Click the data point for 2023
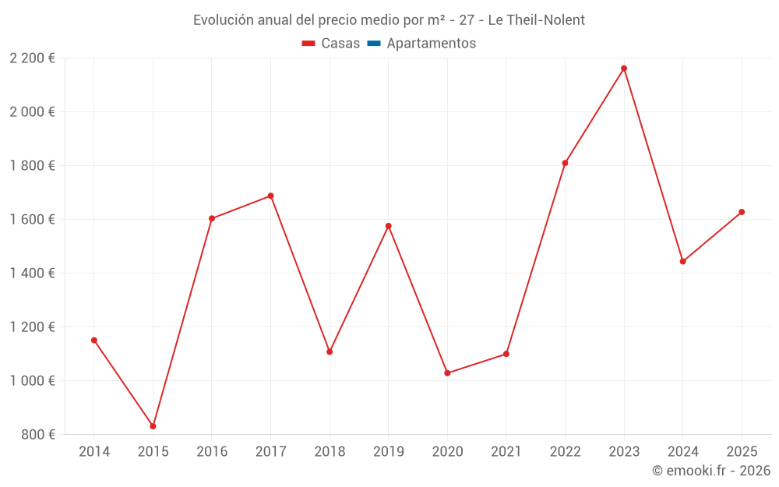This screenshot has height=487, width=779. coord(624,69)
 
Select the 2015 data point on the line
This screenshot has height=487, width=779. coord(153,426)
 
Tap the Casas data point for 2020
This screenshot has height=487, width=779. coord(447,373)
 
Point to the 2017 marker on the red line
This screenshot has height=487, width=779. coord(270,196)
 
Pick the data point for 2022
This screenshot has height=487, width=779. coord(565,163)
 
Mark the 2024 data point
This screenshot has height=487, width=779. coord(682,262)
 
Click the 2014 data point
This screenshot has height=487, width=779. coord(94,341)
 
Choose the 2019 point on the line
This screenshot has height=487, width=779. coord(389,226)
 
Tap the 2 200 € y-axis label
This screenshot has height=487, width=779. coord(32,58)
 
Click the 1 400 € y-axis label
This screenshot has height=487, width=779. coord(32,273)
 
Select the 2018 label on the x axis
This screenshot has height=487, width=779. coord(330,452)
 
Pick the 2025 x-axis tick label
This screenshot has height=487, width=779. coord(742,452)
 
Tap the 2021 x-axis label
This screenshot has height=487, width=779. coord(506,452)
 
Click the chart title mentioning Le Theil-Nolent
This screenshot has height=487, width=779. coord(389,20)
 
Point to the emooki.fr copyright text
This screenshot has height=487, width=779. coord(711,471)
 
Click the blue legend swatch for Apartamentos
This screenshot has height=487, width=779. coord(373,44)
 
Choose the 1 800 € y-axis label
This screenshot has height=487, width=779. coord(32,166)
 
